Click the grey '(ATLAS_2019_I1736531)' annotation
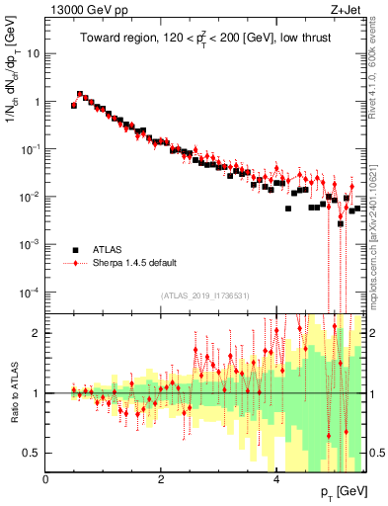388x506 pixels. pyautogui.click(x=205, y=295)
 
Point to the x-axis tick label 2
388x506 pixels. pyautogui.click(x=161, y=479)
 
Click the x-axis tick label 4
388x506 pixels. pyautogui.click(x=276, y=479)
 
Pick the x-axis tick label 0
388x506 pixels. pyautogui.click(x=45, y=479)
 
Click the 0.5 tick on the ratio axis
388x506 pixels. pyautogui.click(x=34, y=453)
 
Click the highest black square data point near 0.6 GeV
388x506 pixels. pyautogui.click(x=80, y=95)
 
